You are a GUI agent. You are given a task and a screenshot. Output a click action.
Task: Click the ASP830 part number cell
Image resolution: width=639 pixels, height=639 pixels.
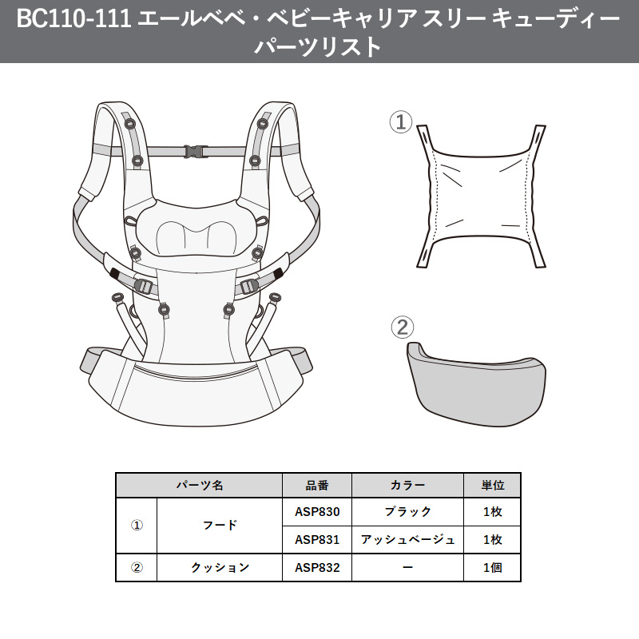point(317,512)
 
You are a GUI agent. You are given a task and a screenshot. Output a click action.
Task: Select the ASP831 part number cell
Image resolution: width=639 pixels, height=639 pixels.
point(317,540)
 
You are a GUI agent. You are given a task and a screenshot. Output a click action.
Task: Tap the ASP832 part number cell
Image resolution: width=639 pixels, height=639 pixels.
point(317,568)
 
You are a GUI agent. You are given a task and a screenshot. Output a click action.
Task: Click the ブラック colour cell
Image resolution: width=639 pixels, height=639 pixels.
point(407,512)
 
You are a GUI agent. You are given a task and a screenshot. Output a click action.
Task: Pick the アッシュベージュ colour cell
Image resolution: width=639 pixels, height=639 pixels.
point(407,540)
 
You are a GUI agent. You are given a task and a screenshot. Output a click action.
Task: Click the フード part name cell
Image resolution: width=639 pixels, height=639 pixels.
point(220,526)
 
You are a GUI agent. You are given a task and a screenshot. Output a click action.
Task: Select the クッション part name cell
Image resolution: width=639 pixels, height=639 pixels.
point(220,568)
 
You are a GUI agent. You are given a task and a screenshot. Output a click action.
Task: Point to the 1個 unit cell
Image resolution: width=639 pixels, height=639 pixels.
point(492,568)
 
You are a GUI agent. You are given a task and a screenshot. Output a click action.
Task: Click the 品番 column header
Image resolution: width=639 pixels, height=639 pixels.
point(317,485)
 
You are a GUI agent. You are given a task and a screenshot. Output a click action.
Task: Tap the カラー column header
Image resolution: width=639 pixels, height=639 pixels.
point(407,485)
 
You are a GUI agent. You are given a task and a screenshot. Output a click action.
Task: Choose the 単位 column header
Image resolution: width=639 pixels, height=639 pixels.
point(492,485)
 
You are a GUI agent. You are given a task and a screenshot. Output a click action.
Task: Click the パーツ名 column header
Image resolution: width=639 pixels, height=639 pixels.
point(200,485)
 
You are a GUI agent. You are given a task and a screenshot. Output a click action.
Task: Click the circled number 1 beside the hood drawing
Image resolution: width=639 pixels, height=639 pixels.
point(400,123)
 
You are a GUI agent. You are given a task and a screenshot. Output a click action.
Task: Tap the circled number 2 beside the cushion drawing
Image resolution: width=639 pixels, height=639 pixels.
point(402,327)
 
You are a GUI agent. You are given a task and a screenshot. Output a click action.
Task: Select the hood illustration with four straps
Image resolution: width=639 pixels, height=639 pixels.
point(480,196)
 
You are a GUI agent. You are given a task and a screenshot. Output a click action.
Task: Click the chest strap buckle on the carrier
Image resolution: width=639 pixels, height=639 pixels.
point(194,151)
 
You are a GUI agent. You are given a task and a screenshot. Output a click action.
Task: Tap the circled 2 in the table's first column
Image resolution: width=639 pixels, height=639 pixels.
point(137,568)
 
